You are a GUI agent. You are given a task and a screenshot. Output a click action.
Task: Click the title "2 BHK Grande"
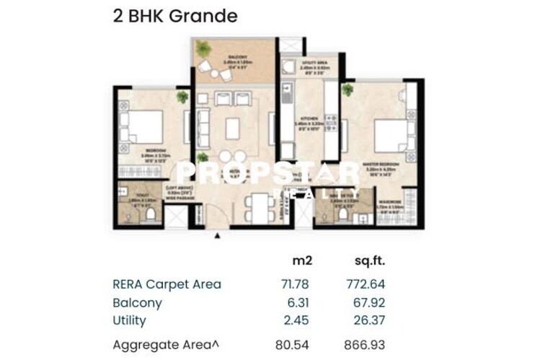pyautogui.click(x=174, y=16)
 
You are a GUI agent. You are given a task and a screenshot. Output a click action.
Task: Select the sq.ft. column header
pyautogui.click(x=369, y=260)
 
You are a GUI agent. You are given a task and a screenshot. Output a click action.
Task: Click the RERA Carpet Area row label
pyautogui.click(x=167, y=284)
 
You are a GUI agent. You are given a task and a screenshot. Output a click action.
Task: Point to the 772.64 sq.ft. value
pyautogui.click(x=365, y=284)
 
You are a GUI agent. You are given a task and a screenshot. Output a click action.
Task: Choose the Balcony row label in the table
pyautogui.click(x=137, y=303)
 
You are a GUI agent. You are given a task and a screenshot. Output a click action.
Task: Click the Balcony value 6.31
pyautogui.click(x=297, y=303)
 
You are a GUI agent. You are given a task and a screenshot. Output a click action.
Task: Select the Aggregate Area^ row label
pyautogui.click(x=165, y=345)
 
